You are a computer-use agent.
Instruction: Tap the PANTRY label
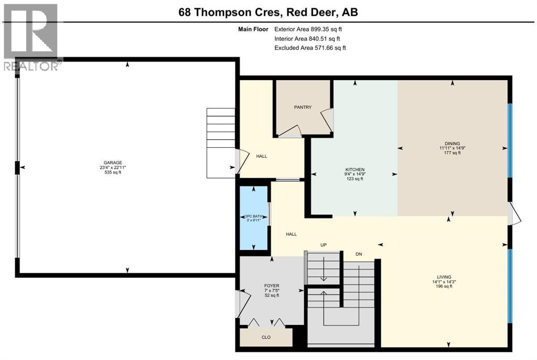[x=303, y=107]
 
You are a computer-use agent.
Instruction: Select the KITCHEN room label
[x=355, y=169]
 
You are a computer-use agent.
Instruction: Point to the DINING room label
[x=452, y=144]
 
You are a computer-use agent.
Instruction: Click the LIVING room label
[x=444, y=277]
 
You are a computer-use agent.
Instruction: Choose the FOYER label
[x=272, y=286]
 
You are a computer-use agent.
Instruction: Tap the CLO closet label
[x=266, y=337]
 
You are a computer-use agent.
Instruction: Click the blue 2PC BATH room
[x=254, y=217]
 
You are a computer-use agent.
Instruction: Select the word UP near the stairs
[x=324, y=245]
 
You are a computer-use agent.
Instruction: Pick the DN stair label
[x=359, y=254]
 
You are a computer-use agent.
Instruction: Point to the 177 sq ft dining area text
[x=452, y=153]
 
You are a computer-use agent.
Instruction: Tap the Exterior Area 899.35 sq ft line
[x=308, y=29]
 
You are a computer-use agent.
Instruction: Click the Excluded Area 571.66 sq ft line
[x=310, y=48]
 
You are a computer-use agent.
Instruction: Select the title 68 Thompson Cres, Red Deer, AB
[x=268, y=12]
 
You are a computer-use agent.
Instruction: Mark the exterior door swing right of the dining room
[x=515, y=214]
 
